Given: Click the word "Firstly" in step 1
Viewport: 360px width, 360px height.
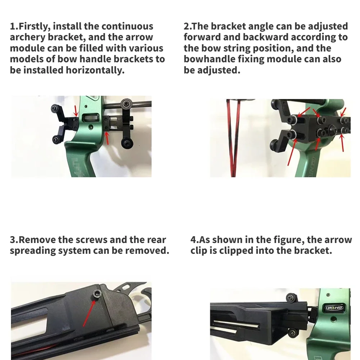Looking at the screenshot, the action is pyautogui.click(x=35, y=26).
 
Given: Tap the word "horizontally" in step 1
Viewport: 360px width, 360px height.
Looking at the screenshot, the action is pyautogui.click(x=95, y=70).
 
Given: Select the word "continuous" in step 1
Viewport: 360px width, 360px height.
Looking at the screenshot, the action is pyautogui.click(x=127, y=26).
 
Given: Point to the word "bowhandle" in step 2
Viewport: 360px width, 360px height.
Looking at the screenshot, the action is pyautogui.click(x=209, y=59).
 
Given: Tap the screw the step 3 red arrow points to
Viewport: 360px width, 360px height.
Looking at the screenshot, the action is pyautogui.click(x=96, y=294).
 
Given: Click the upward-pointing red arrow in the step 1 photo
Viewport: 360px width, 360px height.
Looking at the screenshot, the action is pyautogui.click(x=107, y=138).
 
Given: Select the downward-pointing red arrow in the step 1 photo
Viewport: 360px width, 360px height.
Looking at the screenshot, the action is pyautogui.click(x=75, y=111).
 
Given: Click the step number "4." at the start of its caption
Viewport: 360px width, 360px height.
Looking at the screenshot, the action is pyautogui.click(x=194, y=240).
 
